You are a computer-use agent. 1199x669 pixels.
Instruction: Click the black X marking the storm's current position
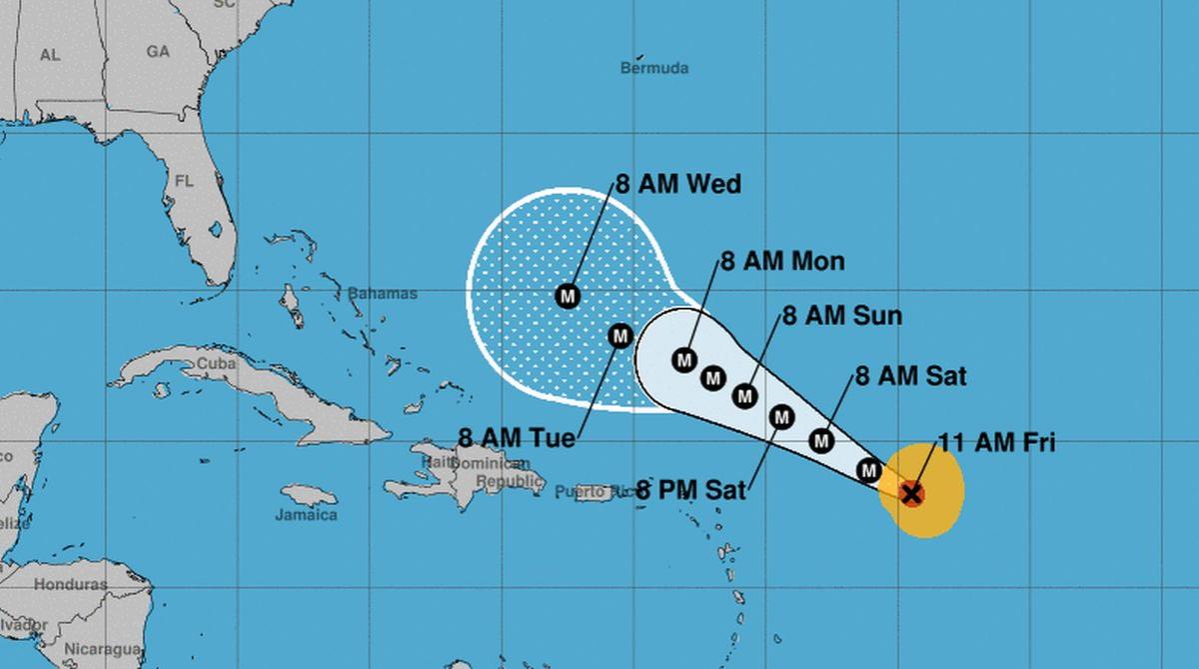pyautogui.click(x=910, y=493)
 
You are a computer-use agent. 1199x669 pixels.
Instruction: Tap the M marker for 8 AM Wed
pyautogui.click(x=568, y=295)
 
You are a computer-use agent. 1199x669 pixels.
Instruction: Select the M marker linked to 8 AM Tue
pyautogui.click(x=619, y=336)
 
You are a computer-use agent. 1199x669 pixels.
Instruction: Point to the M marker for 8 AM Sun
pyautogui.click(x=743, y=395)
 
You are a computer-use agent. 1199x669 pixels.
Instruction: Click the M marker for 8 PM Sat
pyautogui.click(x=781, y=415)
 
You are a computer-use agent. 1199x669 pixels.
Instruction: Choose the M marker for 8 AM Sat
pyautogui.click(x=821, y=440)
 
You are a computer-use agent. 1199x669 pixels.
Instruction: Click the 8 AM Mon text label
pyautogui.click(x=782, y=262)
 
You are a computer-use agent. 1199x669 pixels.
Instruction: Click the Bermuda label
pyautogui.click(x=654, y=69)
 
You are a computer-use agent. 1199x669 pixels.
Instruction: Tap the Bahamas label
pyautogui.click(x=382, y=294)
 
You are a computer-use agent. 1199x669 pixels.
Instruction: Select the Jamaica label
pyautogui.click(x=306, y=515)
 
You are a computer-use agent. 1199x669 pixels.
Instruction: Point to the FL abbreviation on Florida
pyautogui.click(x=184, y=182)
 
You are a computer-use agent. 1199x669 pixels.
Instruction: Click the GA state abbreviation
pyautogui.click(x=158, y=50)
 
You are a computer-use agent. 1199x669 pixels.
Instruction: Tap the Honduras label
pyautogui.click(x=70, y=584)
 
